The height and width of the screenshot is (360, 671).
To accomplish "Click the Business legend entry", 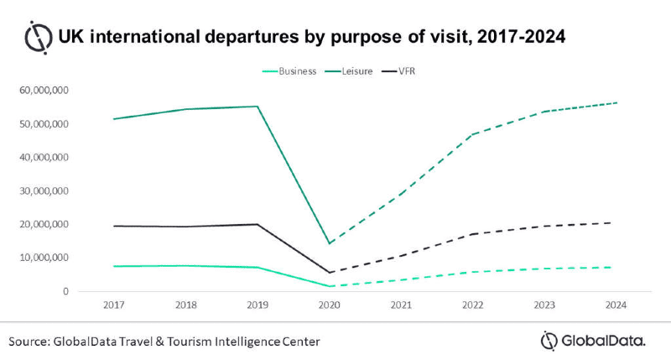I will pos(289,71).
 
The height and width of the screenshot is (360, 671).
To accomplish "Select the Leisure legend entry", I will pos(360,71).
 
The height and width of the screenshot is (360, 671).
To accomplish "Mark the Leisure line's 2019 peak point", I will pos(257,107).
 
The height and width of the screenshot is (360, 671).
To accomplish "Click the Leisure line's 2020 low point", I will pos(329,243).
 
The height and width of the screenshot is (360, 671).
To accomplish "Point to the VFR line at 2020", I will pos(329,273).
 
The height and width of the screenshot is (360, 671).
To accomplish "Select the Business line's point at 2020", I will pos(329,286).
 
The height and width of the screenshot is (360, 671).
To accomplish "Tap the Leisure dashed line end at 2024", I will pos(617,102).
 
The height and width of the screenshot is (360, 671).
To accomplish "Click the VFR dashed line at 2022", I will pos(473,234).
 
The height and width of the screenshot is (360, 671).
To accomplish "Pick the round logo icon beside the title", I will pos(38,37).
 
